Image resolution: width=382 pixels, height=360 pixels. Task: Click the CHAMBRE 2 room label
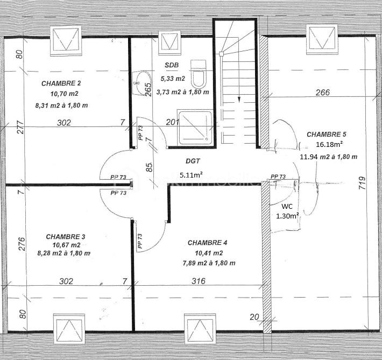click(61, 83)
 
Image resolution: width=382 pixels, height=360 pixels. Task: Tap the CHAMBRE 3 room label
click(65, 236)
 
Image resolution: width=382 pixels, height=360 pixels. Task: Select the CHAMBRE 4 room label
click(207, 243)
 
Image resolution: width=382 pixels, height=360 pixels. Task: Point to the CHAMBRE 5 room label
click(327, 134)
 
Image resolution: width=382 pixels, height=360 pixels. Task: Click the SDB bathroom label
click(172, 65)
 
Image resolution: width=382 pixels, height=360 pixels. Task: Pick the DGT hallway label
click(193, 161)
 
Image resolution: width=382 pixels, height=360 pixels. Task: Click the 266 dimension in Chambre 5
click(322, 93)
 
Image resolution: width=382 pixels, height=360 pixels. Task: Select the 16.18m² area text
click(330, 145)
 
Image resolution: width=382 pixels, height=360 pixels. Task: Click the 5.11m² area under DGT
click(191, 174)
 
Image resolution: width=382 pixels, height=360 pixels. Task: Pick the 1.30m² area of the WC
click(287, 216)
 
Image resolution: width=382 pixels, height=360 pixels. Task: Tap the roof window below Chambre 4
click(200, 328)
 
